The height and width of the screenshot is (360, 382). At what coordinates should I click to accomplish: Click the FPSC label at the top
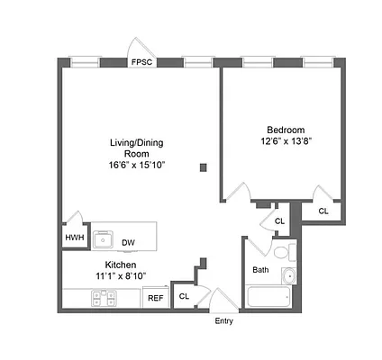pyautogui.click(x=141, y=63)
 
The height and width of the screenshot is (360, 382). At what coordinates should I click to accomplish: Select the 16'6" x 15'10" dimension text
pyautogui.click(x=136, y=166)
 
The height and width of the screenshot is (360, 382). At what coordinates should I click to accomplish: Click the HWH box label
pyautogui.click(x=73, y=238)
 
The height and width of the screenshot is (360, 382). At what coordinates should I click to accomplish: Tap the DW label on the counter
pyautogui.click(x=128, y=241)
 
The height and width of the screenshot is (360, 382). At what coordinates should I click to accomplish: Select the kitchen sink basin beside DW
pyautogui.click(x=105, y=239)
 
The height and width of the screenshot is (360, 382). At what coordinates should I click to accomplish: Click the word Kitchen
pyautogui.click(x=121, y=265)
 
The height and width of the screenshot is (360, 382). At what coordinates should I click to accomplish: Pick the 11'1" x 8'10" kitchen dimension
pyautogui.click(x=121, y=276)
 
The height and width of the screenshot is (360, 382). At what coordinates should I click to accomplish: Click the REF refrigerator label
pyautogui.click(x=155, y=298)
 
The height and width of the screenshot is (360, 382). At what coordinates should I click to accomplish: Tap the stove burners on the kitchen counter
pyautogui.click(x=99, y=297)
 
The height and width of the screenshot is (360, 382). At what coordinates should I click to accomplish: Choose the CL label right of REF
pyautogui.click(x=184, y=296)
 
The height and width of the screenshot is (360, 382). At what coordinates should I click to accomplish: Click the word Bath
pyautogui.click(x=260, y=269)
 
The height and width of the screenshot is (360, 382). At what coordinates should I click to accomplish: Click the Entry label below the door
pyautogui.click(x=223, y=321)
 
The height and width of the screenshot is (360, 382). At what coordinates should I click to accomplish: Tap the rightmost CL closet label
pyautogui.click(x=323, y=211)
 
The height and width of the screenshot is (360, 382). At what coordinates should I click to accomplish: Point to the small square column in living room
pyautogui.click(x=205, y=166)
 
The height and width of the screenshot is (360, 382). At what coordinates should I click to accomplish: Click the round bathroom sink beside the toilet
pyautogui.click(x=288, y=274)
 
